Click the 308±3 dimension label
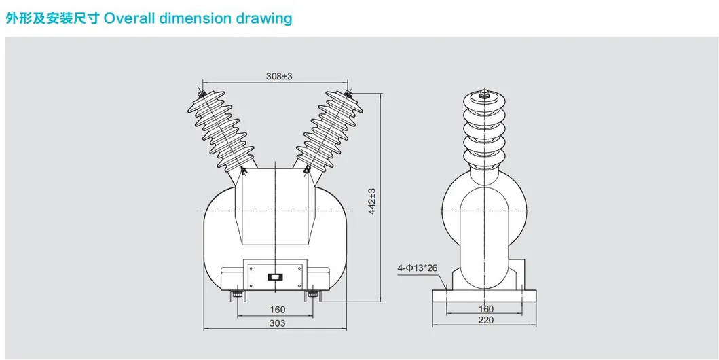click(278, 77)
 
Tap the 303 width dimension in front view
click(277, 323)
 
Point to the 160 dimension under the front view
click(277, 310)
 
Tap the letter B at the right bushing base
click(307, 170)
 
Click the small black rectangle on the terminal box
click(276, 276)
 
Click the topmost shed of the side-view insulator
click(485, 109)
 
